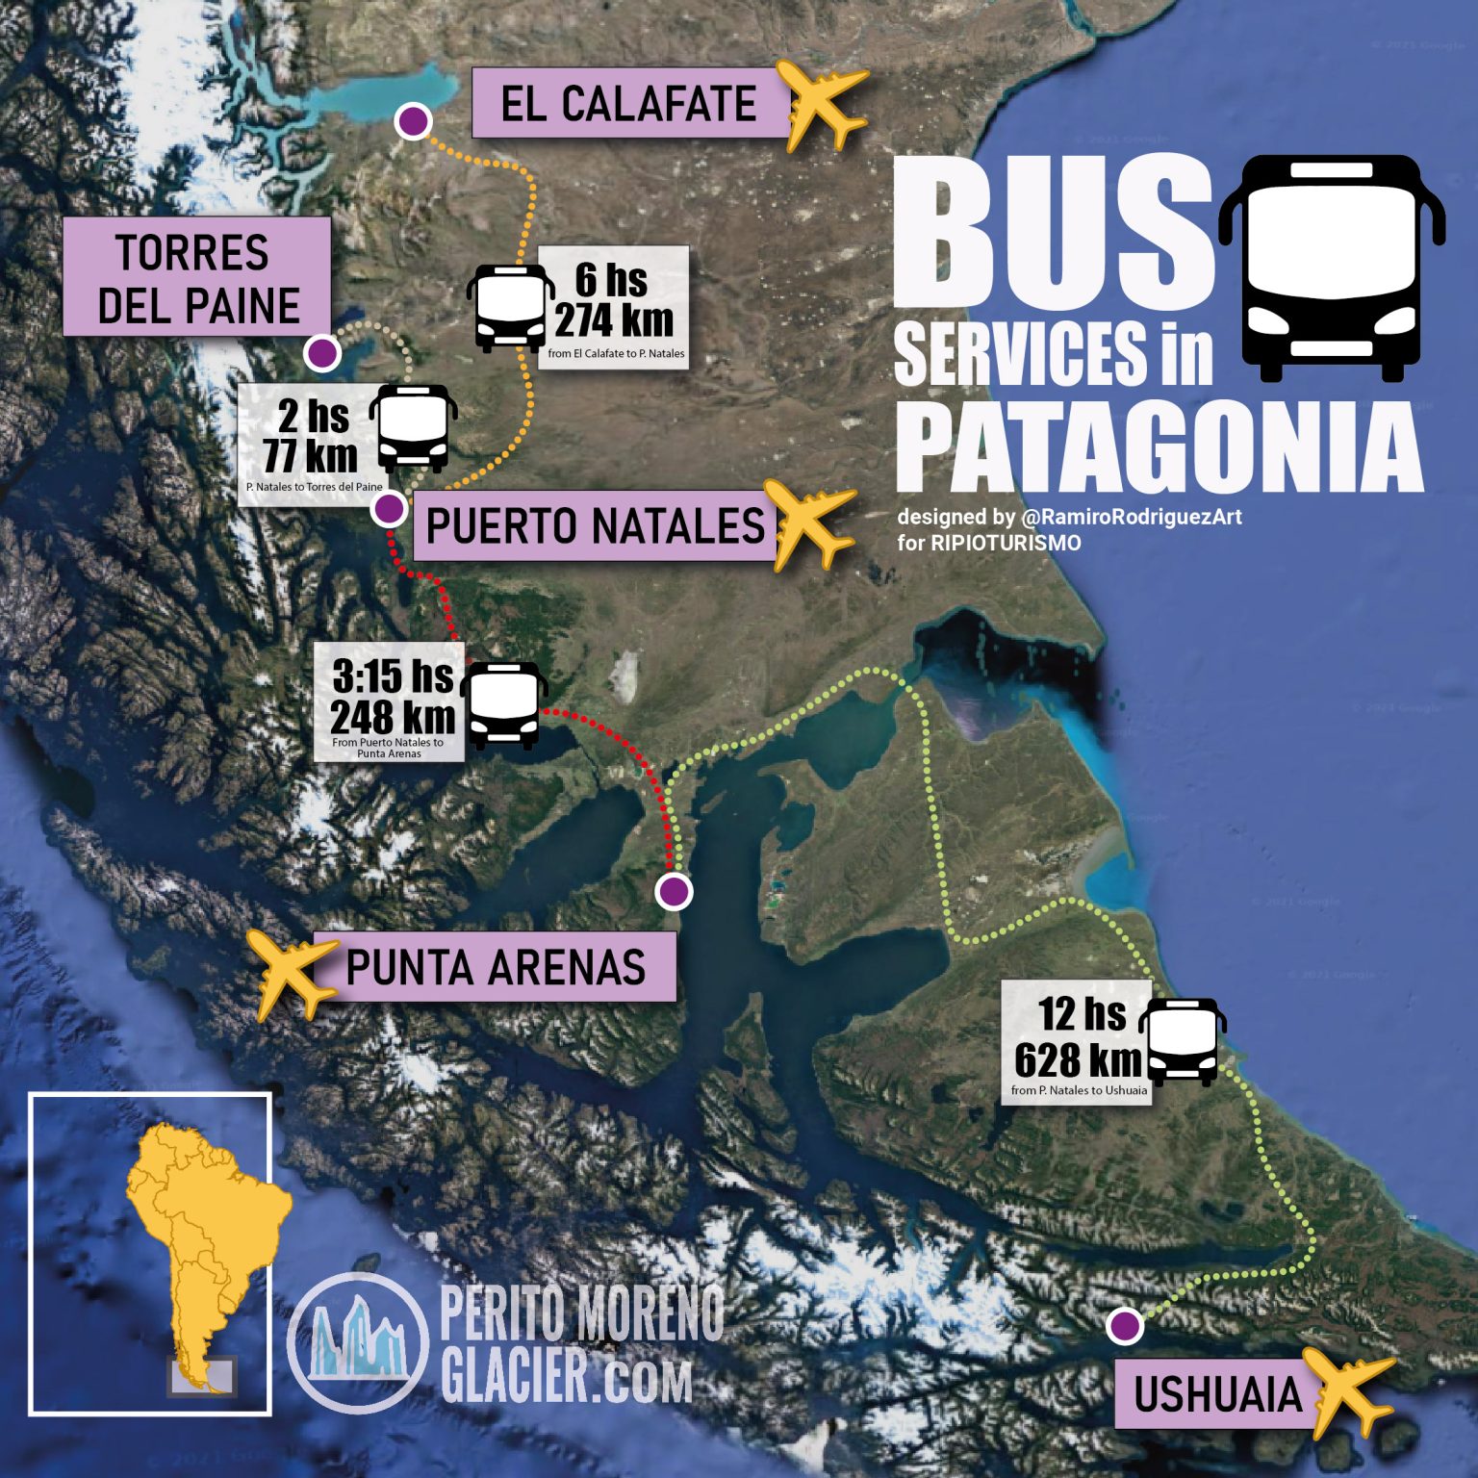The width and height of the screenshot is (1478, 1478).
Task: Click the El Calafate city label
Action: (629, 103)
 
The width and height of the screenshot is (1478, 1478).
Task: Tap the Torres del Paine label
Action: (197, 277)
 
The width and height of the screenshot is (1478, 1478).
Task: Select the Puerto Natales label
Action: (595, 525)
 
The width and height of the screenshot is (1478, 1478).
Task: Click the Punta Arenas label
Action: (495, 967)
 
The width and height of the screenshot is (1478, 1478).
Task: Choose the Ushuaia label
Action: (1216, 1394)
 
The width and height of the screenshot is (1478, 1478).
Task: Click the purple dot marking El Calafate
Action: (414, 121)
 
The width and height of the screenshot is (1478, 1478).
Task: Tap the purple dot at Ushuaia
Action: (1123, 1326)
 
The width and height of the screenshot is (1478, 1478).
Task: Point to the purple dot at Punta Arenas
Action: (674, 891)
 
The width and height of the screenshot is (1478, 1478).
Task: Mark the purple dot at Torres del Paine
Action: (322, 353)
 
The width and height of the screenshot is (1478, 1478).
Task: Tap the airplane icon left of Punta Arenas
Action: (291, 972)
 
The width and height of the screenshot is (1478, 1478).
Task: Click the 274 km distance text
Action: (614, 319)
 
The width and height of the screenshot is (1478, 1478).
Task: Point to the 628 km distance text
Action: (1077, 1060)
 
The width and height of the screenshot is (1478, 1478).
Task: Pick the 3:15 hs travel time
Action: (393, 675)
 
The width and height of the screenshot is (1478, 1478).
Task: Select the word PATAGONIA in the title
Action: (1159, 447)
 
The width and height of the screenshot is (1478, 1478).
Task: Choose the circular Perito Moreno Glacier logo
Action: (358, 1341)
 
